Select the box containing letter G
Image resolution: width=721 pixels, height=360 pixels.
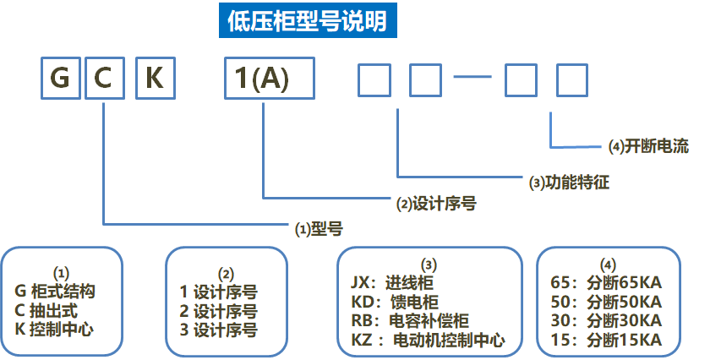(x=59, y=79)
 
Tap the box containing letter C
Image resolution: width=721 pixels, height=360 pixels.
(x=103, y=79)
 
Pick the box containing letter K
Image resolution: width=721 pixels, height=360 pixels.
(x=156, y=79)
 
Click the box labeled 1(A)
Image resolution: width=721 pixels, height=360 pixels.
(x=268, y=79)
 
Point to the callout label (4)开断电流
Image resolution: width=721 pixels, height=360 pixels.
(x=648, y=146)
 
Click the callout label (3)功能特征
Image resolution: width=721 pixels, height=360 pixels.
(x=569, y=181)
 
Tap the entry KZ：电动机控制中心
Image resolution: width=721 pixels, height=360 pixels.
(x=427, y=341)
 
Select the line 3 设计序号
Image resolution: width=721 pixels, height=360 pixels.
(x=218, y=330)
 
